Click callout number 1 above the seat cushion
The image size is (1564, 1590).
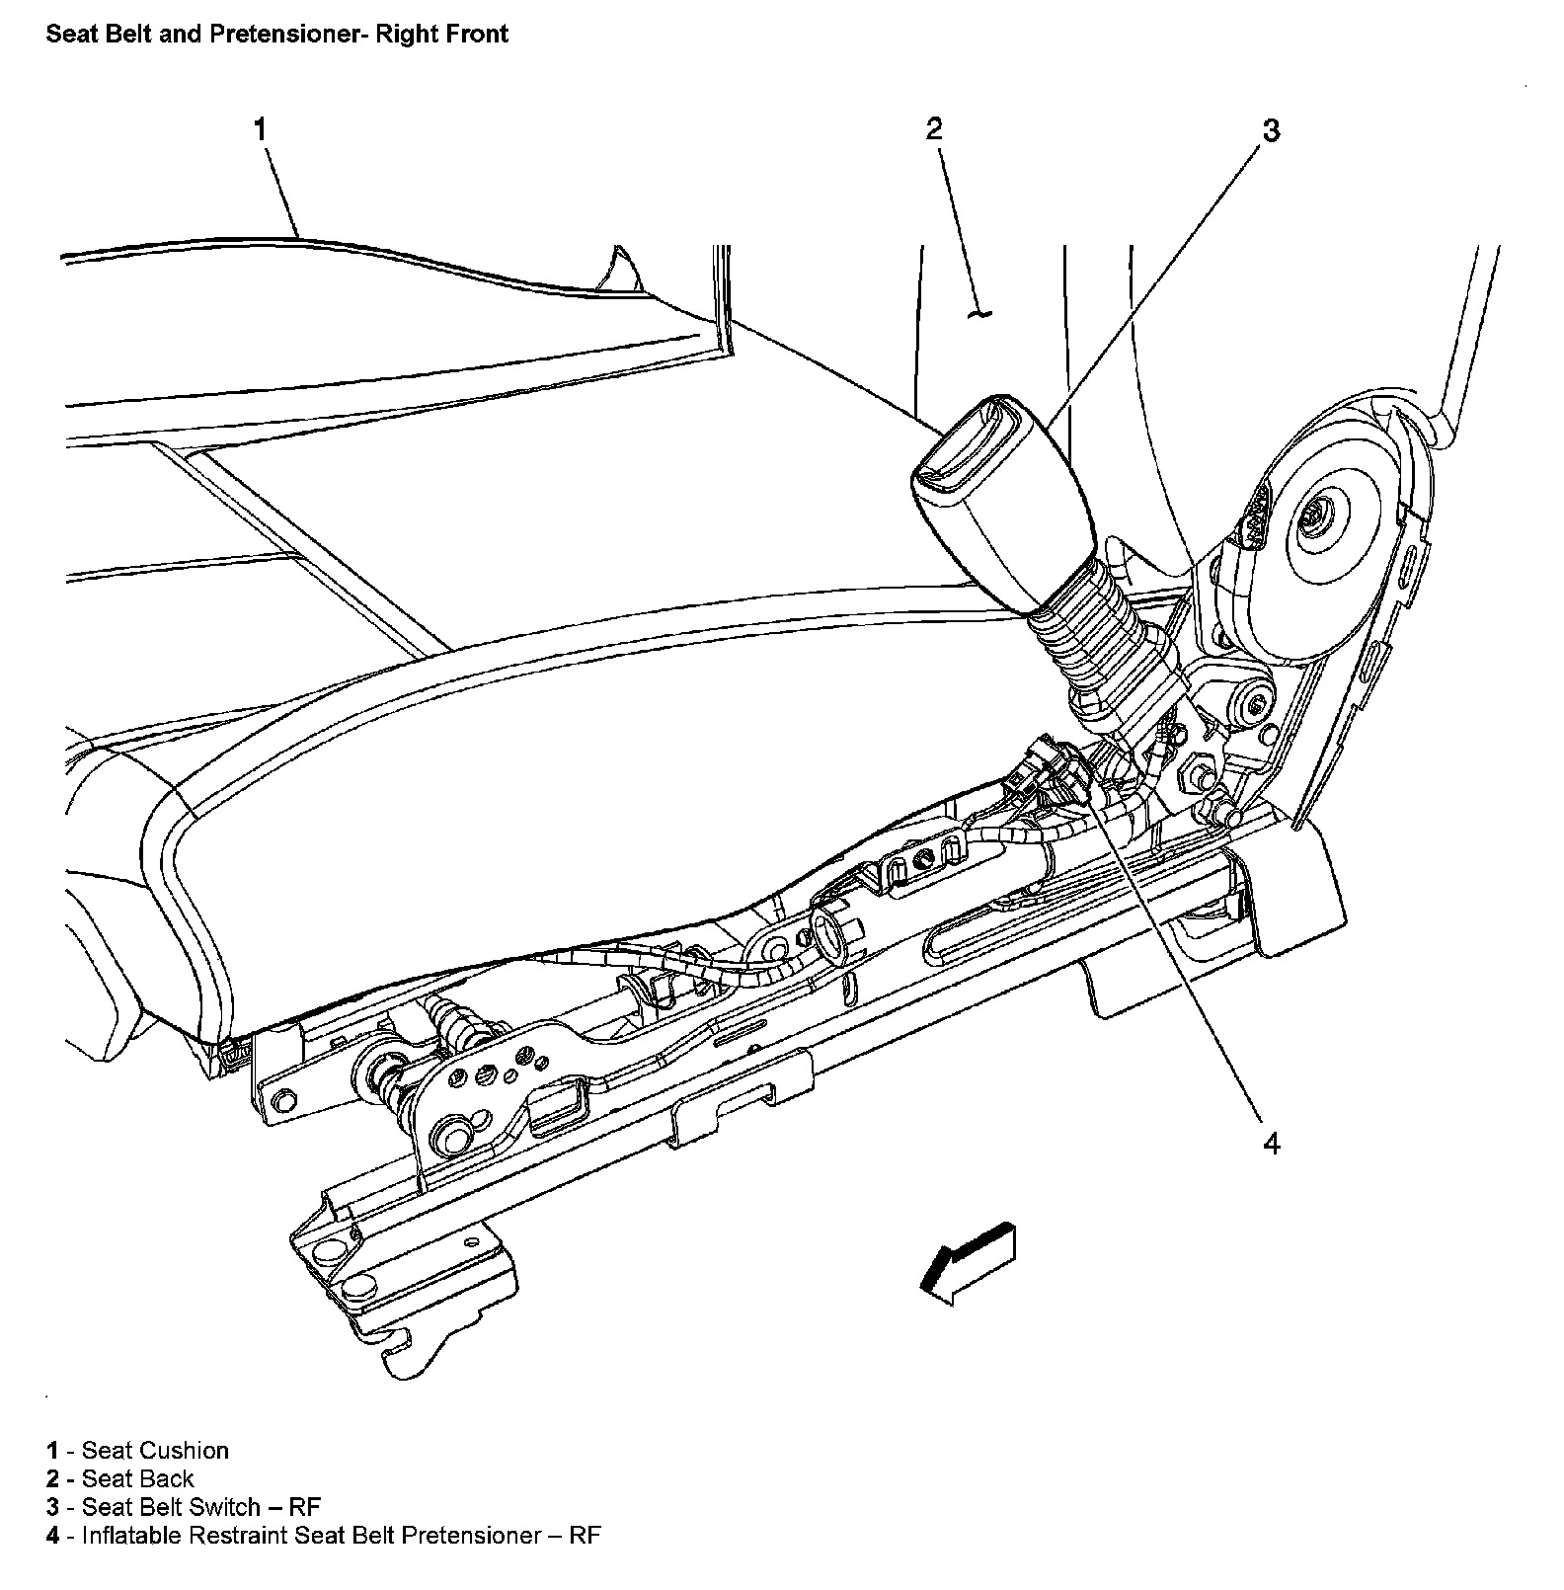(261, 129)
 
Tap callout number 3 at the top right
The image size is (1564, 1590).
(1272, 130)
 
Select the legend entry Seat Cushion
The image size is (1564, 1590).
(155, 1450)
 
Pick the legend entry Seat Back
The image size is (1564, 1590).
(138, 1478)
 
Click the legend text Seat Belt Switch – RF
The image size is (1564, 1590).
(201, 1507)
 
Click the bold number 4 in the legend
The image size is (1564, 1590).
(52, 1536)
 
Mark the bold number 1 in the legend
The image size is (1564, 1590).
(52, 1450)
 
